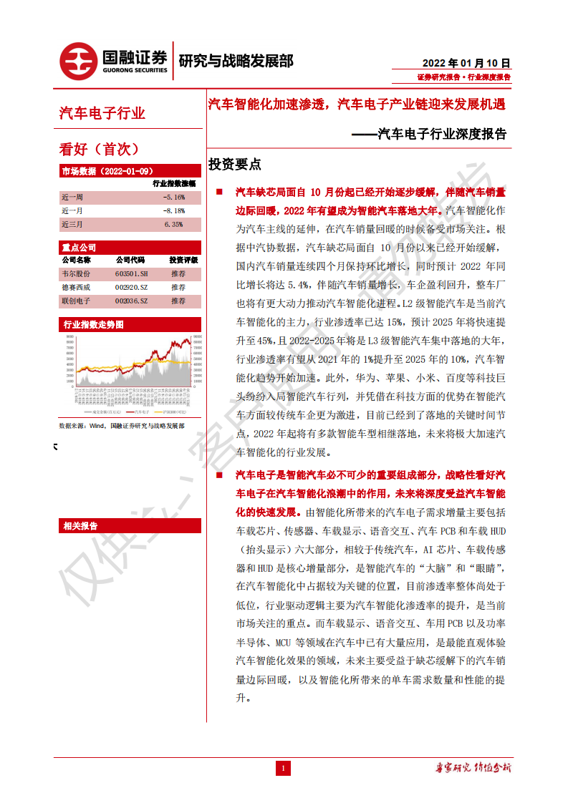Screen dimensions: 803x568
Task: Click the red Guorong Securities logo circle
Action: click(x=78, y=60)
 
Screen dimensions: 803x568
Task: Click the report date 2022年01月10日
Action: click(x=467, y=62)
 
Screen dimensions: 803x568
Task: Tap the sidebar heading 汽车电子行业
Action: click(x=102, y=113)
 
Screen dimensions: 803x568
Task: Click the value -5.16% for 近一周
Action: click(x=173, y=197)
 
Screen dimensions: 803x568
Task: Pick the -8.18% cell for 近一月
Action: click(x=173, y=210)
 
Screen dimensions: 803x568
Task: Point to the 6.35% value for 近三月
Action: click(x=173, y=224)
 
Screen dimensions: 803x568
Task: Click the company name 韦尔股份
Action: click(x=77, y=274)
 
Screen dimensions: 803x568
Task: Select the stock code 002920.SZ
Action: click(x=131, y=288)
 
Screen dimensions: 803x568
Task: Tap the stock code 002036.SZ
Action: click(x=131, y=301)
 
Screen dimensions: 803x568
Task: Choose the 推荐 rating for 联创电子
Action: click(x=178, y=301)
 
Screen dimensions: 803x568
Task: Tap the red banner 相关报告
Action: click(x=80, y=526)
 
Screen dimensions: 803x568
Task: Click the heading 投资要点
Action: click(x=234, y=165)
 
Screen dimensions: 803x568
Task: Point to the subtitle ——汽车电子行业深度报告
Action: click(x=430, y=134)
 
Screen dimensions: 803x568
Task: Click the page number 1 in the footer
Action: click(x=284, y=769)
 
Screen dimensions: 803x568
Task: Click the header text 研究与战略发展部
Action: click(x=236, y=61)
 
